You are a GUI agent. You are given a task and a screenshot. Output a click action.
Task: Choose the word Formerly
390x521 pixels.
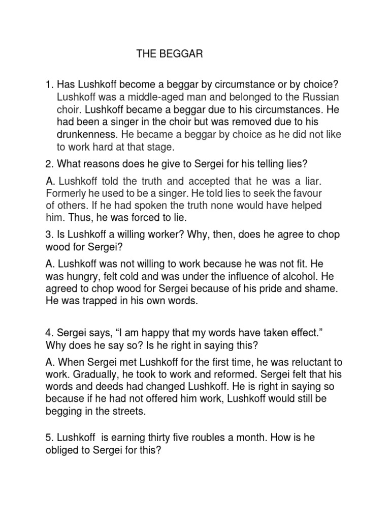[66, 193]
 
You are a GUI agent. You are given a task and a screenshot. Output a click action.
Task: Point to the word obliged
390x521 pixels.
[62, 449]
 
